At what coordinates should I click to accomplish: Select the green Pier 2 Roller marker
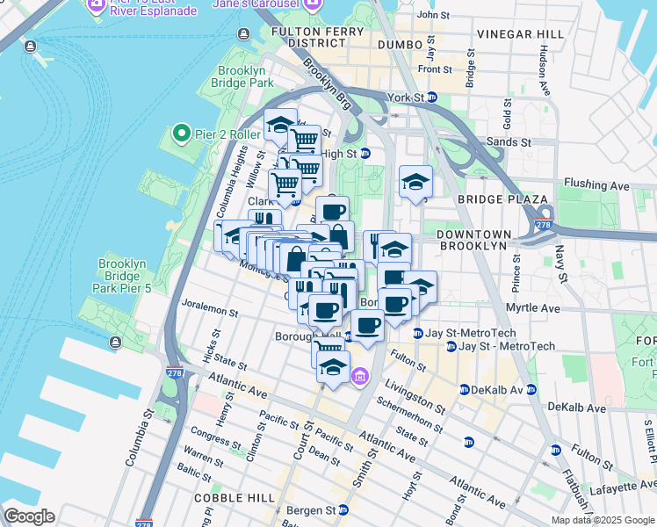[x=182, y=134]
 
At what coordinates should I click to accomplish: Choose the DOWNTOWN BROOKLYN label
[x=473, y=240]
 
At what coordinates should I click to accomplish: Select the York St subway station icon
[x=432, y=97]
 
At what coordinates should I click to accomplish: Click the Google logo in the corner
[x=28, y=516]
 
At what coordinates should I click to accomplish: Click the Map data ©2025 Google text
[x=603, y=520]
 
